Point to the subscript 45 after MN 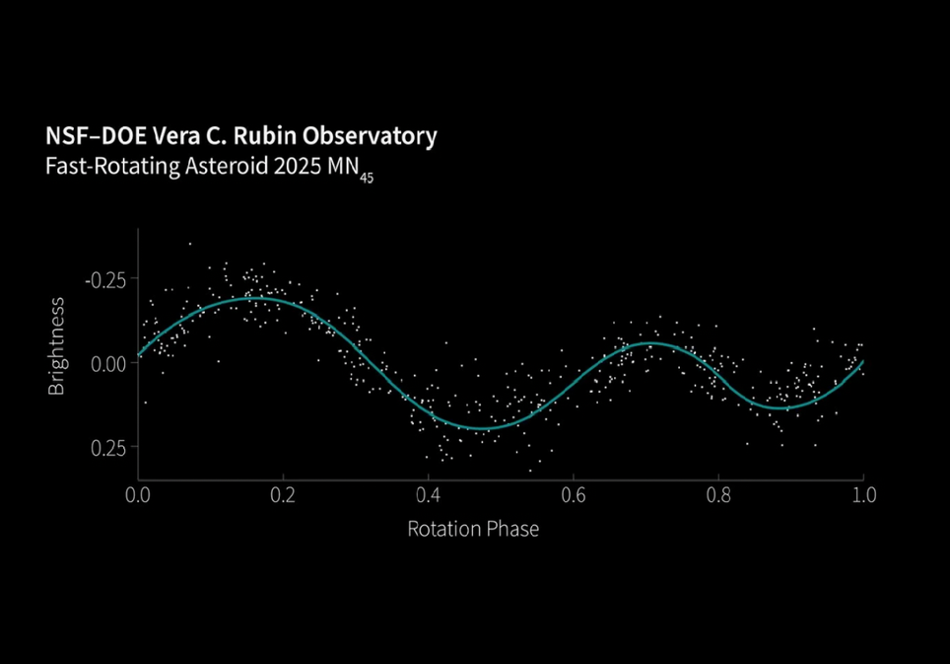point(366,178)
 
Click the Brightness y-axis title point(56,346)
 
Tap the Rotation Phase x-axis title point(473,529)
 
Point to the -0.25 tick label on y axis point(105,278)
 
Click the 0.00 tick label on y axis point(108,362)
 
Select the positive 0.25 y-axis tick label point(108,447)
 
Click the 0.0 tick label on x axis point(139,493)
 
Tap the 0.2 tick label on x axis point(283,493)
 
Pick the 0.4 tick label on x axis point(428,493)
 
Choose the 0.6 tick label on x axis point(573,493)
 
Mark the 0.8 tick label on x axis point(717,493)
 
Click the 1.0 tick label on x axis point(862,493)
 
